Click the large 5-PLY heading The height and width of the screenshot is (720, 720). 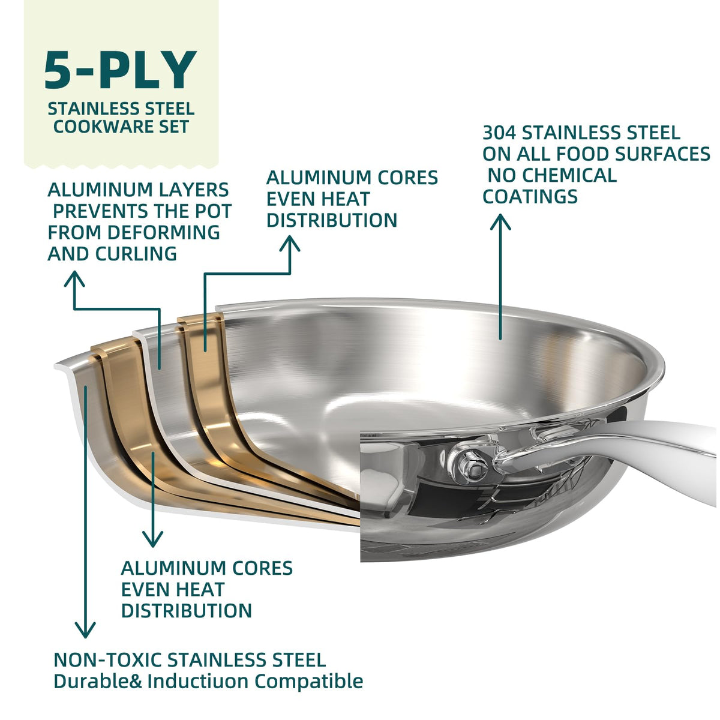pos(121,70)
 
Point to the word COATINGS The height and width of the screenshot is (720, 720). pos(530,197)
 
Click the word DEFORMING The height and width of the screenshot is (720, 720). pos(163,232)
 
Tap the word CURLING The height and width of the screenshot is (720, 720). pos(136,254)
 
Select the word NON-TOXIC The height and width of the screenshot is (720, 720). pos(107,659)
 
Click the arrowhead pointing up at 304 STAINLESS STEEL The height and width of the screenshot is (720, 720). pos(500,221)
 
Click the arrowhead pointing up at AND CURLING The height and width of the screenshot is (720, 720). pos(75,278)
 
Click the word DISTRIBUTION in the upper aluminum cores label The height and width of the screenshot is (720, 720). pos(332,220)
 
